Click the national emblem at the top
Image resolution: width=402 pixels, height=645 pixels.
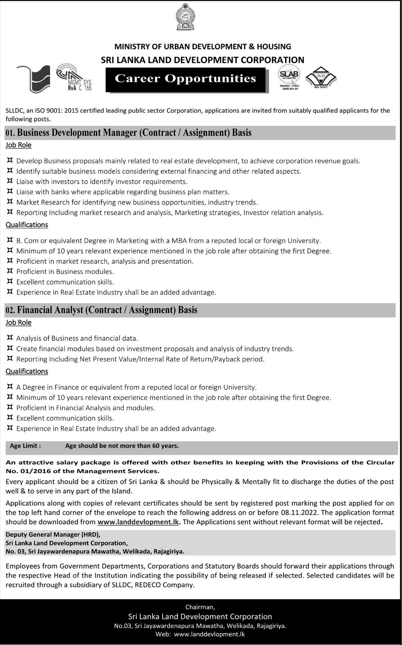click(185, 17)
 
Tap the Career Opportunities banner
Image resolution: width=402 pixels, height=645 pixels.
click(185, 79)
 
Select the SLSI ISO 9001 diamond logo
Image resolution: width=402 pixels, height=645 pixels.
click(321, 77)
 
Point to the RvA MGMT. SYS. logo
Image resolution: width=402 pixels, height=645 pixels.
click(74, 77)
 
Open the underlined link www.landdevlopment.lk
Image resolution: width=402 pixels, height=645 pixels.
click(138, 522)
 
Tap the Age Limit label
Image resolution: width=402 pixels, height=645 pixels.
click(25, 446)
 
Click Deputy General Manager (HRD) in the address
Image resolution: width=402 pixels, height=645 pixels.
click(53, 534)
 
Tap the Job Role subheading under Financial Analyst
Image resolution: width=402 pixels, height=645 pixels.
click(19, 323)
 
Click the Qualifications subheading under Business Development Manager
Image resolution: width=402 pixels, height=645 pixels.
click(27, 225)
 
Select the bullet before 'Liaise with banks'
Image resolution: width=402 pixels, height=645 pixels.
click(10, 192)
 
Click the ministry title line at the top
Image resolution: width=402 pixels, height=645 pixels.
click(202, 47)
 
